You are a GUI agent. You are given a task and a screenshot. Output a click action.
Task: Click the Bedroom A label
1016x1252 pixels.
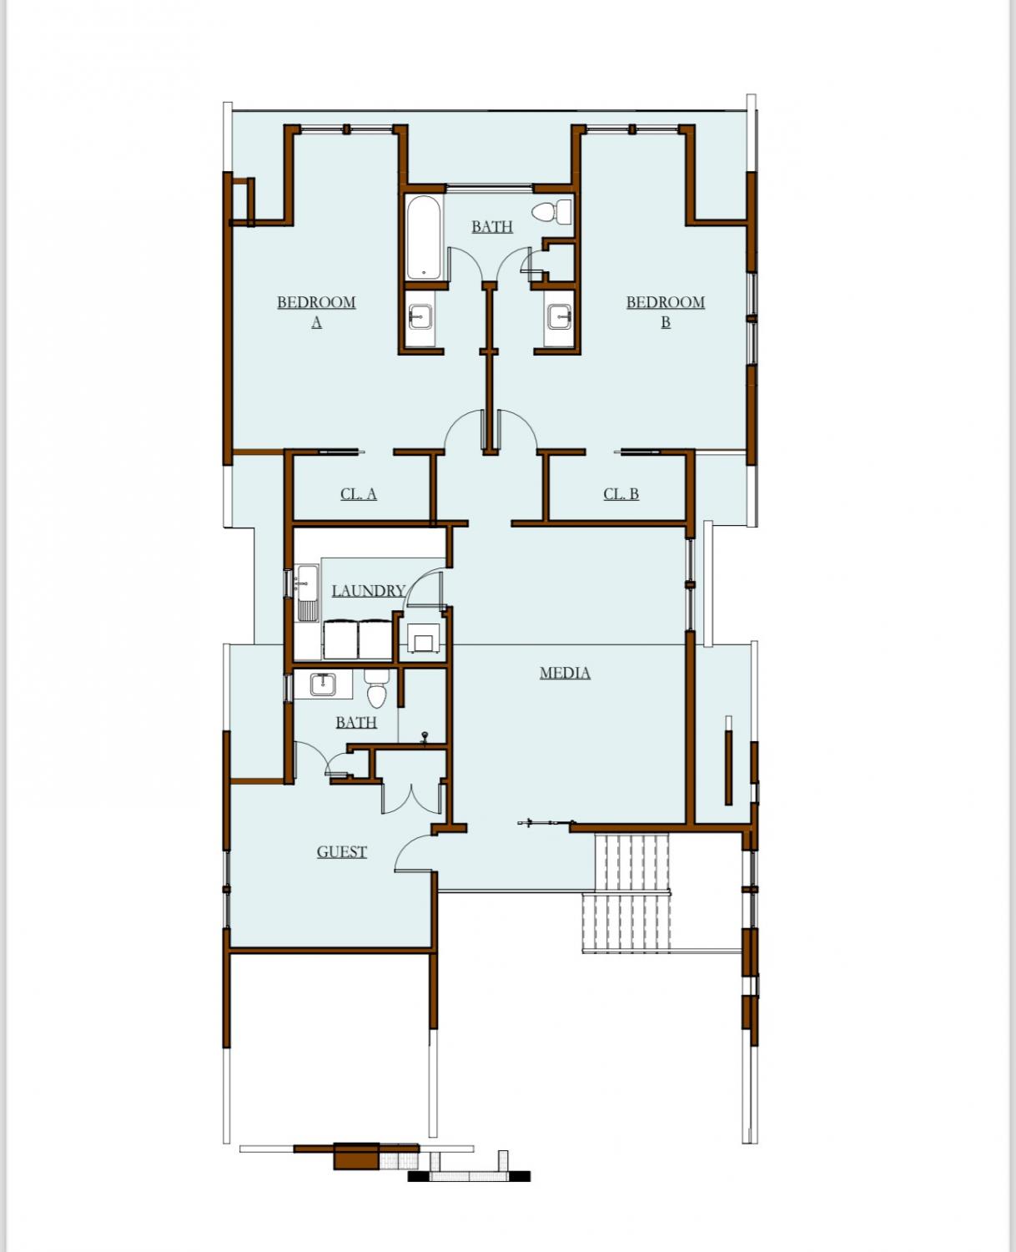pos(316,311)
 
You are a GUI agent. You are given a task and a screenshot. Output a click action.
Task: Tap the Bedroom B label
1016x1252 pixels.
pos(666,311)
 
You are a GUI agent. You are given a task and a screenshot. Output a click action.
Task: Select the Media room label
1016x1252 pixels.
pos(565,673)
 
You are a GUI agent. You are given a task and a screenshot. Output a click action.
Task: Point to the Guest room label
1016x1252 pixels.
pos(342,851)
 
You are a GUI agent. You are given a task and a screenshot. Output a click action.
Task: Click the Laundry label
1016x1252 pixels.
pos(368,590)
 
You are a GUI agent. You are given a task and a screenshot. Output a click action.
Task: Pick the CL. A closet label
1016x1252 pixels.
pos(358,493)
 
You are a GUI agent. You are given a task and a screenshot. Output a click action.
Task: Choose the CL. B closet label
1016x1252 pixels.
pos(621,493)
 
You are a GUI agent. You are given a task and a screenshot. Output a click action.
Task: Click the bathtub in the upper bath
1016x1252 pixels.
pos(423,237)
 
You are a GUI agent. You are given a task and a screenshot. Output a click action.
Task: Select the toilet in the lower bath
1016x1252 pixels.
pos(376,689)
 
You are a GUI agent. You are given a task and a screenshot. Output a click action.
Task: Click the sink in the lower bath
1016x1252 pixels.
pos(323,684)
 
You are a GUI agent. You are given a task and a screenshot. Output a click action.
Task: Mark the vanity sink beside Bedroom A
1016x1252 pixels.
pos(420,317)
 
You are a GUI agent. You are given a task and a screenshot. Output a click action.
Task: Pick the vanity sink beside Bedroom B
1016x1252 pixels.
pos(560,317)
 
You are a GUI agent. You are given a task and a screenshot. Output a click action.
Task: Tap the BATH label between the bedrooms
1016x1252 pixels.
pos(492,226)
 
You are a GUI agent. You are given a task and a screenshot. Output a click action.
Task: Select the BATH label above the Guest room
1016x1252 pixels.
pos(356,722)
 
